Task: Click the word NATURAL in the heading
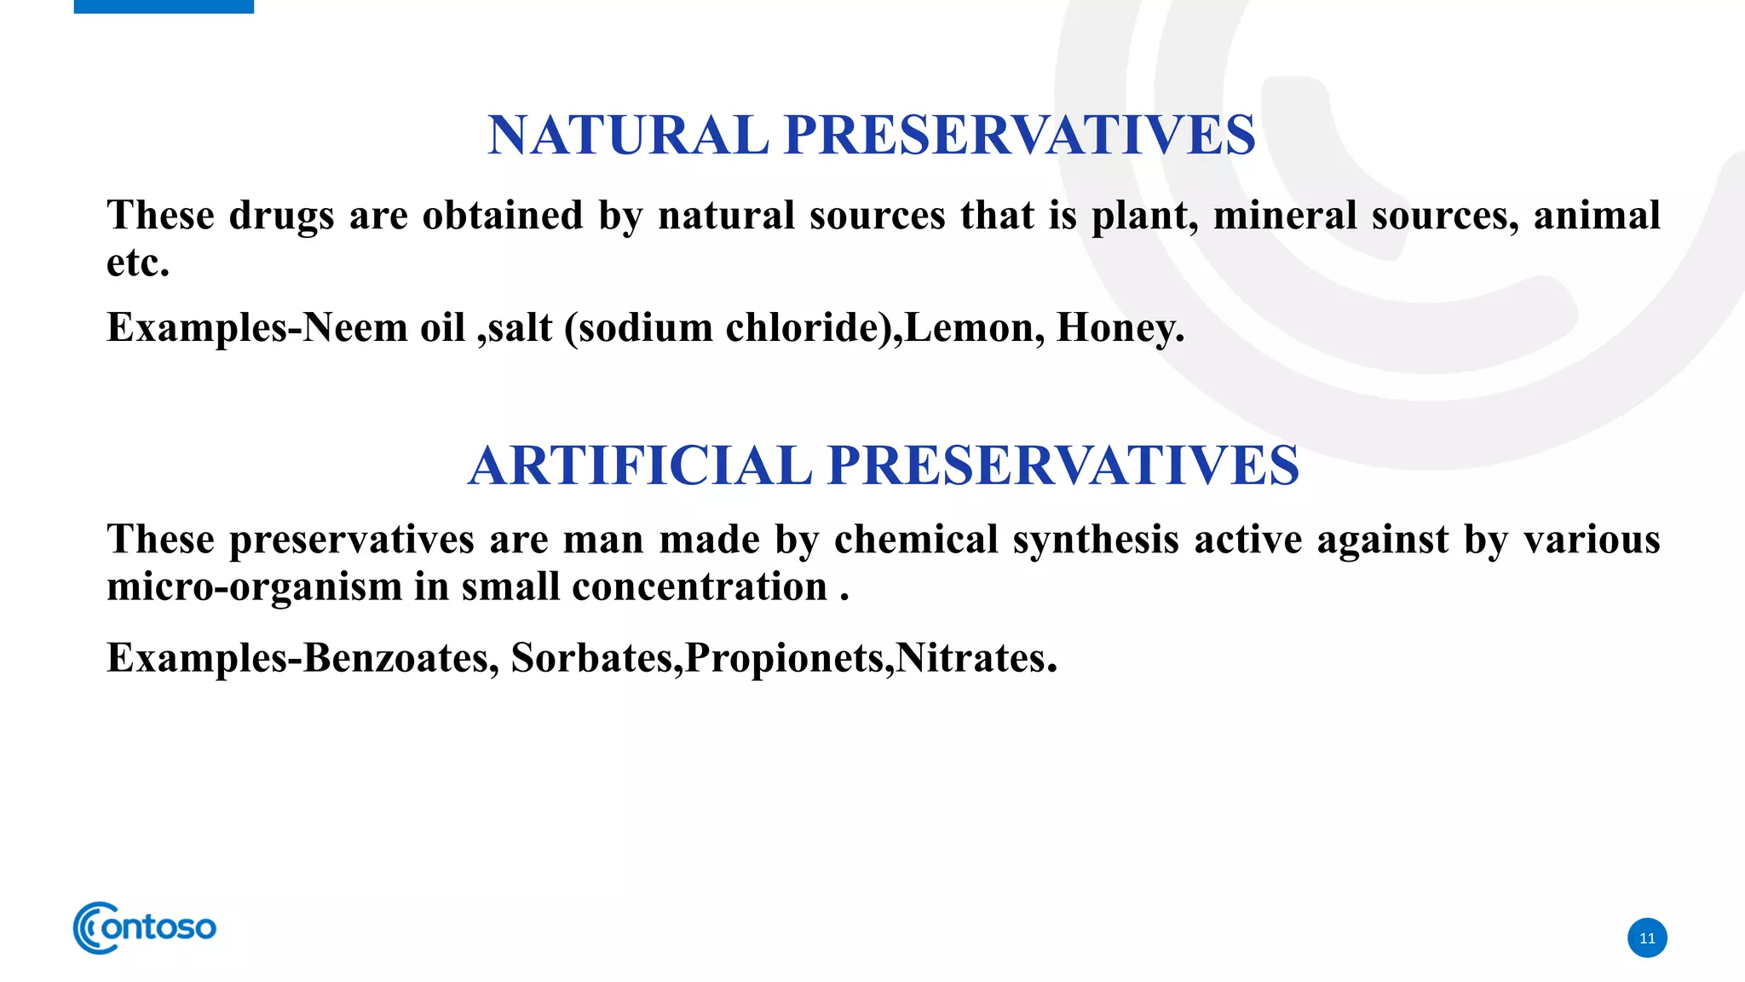[628, 136]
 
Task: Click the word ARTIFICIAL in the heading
[640, 466]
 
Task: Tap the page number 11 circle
[1647, 938]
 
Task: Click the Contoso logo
[145, 927]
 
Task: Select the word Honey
[1119, 328]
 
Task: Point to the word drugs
[281, 216]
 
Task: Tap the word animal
[1597, 216]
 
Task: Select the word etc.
[137, 263]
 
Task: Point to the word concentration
[700, 587]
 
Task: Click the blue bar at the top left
[164, 6]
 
